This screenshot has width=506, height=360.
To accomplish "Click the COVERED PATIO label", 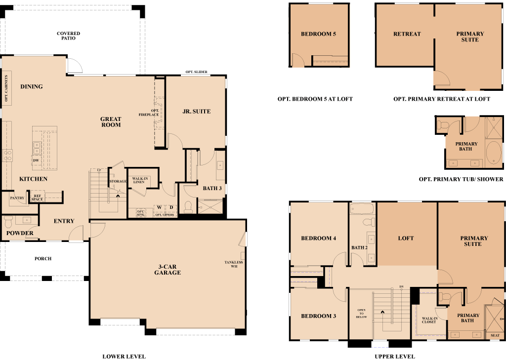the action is point(68,36).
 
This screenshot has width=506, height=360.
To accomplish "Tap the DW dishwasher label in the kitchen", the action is point(36,160).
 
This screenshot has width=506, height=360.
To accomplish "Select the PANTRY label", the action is point(17,198).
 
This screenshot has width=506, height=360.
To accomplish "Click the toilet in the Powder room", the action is point(8,222).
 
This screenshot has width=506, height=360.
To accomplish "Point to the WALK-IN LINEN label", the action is point(140,180).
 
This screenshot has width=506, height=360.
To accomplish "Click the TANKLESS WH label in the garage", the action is point(234,264).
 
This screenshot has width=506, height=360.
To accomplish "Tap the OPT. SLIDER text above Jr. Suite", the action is point(196,72).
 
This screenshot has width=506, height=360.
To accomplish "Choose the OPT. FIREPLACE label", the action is point(149,113).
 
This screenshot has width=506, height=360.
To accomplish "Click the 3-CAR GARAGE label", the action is point(168,270).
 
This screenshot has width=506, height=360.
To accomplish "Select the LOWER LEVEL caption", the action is point(124,357).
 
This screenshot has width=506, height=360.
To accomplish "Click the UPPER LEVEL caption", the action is point(395,357).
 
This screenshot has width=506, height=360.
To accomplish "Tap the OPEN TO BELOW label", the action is point(361,314).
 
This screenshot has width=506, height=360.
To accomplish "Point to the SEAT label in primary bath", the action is point(495,335).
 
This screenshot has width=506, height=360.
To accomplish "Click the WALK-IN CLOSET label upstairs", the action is point(429,320).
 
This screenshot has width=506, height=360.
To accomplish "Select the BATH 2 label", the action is point(360,247).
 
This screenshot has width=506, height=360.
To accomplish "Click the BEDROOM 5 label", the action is point(319,34).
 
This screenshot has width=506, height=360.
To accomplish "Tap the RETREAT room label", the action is point(407,34).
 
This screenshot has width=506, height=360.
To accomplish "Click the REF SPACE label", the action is point(37,198).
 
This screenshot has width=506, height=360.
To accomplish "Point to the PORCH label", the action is point(43,258).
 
